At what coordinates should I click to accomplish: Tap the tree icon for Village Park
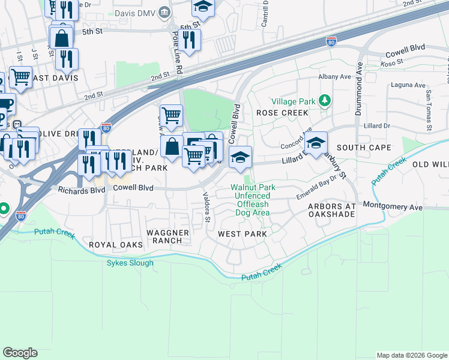click(324, 101)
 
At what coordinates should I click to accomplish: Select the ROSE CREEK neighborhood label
click(282, 113)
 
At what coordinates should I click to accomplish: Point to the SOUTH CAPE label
click(364, 148)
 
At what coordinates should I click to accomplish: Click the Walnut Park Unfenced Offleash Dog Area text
click(253, 200)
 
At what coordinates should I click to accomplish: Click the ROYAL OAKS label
click(116, 245)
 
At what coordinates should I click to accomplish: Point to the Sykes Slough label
click(130, 263)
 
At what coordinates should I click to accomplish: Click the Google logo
click(20, 353)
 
